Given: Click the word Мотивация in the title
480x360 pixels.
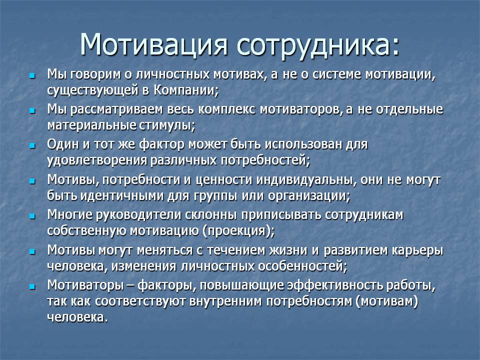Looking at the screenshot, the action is [153, 44].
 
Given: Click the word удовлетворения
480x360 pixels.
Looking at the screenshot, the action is [96, 161].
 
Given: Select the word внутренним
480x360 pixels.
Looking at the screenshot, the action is [225, 301].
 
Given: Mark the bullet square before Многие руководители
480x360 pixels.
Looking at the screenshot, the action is [32, 216].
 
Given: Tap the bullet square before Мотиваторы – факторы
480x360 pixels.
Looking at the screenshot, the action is [32, 287].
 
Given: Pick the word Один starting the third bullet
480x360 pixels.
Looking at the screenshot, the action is [63, 144].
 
